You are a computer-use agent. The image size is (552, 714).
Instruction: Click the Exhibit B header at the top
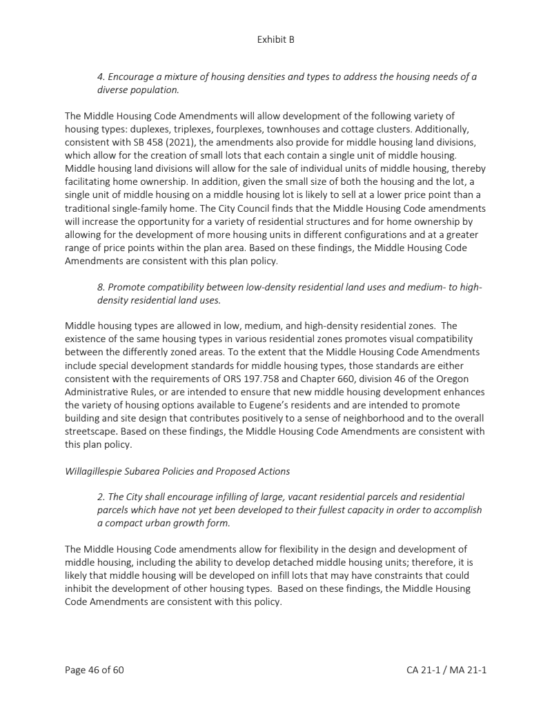click(x=275, y=39)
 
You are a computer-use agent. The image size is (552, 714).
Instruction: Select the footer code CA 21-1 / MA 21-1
click(x=446, y=669)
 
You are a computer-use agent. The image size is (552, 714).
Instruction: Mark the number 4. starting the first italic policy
click(x=101, y=76)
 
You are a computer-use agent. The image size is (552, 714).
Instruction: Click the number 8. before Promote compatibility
click(x=101, y=287)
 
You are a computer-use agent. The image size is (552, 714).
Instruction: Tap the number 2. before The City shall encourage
click(x=101, y=497)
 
